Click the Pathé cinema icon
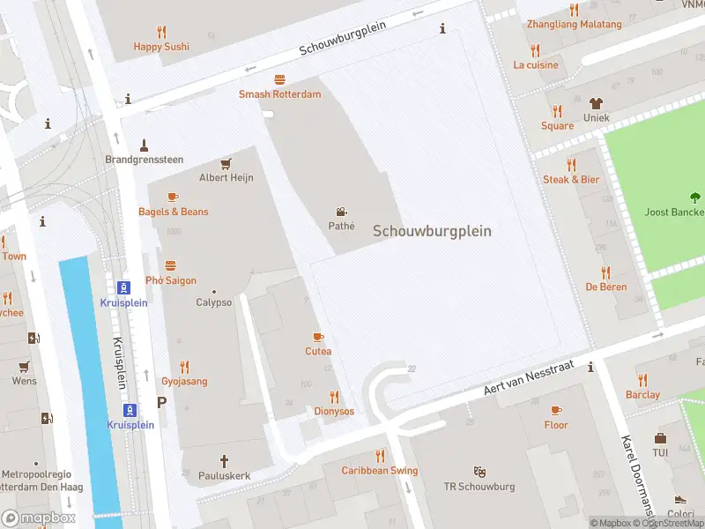point(341,212)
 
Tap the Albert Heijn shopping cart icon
point(226,163)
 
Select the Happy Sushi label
point(161,46)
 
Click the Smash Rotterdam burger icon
point(279,79)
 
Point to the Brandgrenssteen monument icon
point(144,145)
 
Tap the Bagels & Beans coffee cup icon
point(173,197)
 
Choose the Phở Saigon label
point(170,280)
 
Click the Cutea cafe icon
point(318,337)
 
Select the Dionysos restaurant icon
point(334,397)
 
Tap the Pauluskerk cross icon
point(224,460)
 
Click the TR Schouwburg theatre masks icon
point(479,472)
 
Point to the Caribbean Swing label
point(380,471)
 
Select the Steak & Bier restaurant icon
point(571,165)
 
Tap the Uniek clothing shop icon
point(596,103)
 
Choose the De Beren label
point(605,287)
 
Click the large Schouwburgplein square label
point(432,231)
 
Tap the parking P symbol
point(161,402)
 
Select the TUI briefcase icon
point(660,438)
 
